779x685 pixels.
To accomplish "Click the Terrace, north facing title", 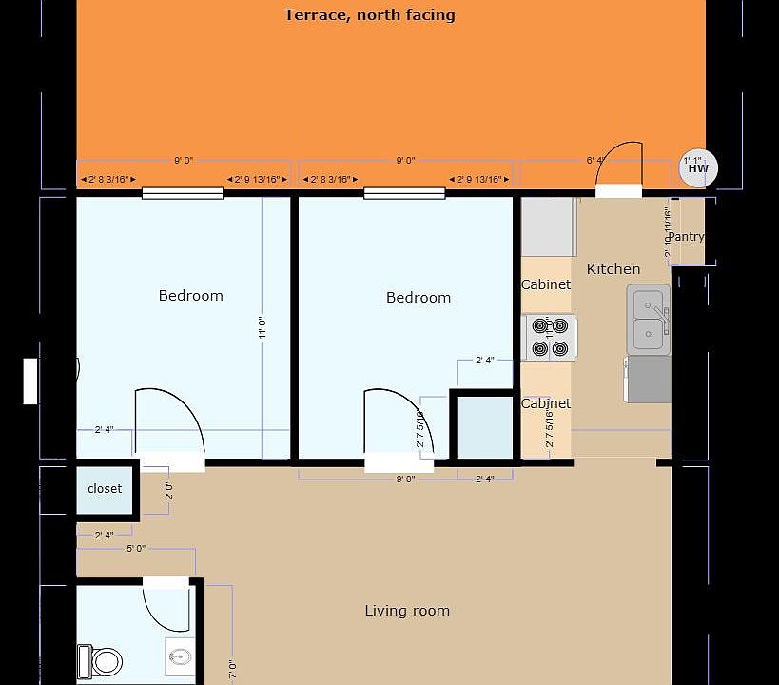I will click(369, 15).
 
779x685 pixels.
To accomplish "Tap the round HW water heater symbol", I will click(698, 169).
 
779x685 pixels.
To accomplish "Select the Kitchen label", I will click(613, 269).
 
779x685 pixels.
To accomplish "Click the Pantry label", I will click(686, 236).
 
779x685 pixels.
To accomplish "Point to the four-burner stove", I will click(549, 338).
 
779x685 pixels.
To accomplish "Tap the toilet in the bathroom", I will click(101, 659).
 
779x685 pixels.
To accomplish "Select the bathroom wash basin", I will click(181, 653).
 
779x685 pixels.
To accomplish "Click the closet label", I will click(105, 489).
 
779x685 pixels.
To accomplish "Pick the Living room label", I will click(407, 611).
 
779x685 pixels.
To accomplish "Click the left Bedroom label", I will click(190, 296).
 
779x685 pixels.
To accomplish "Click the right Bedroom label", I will click(418, 298).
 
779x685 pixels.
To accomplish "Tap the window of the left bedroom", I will click(183, 194).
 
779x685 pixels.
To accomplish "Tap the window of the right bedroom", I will click(404, 194).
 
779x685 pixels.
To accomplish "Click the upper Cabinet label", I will click(546, 284).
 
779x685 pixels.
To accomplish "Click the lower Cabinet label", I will click(546, 403).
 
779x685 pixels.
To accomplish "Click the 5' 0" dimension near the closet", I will click(136, 548).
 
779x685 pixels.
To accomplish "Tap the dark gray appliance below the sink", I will click(649, 380).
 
